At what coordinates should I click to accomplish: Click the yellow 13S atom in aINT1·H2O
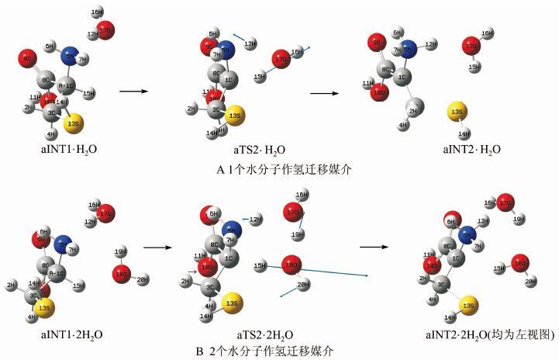point(73,123)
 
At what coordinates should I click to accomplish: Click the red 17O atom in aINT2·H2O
point(471,47)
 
